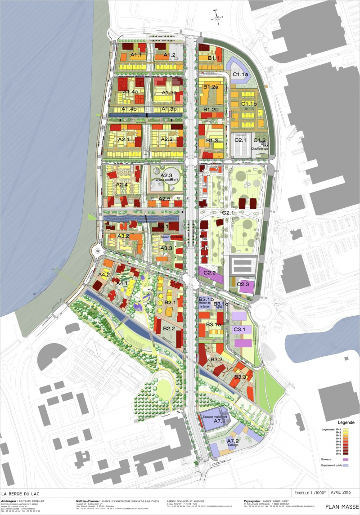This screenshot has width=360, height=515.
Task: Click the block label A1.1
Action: pyautogui.click(x=136, y=55)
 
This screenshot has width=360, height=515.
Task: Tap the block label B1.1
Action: pyautogui.click(x=213, y=58)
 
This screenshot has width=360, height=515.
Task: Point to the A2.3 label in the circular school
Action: pyautogui.click(x=166, y=175)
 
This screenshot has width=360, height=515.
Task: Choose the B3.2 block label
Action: pyautogui.click(x=216, y=359)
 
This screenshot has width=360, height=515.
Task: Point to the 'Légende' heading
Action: pyautogui.click(x=346, y=423)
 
